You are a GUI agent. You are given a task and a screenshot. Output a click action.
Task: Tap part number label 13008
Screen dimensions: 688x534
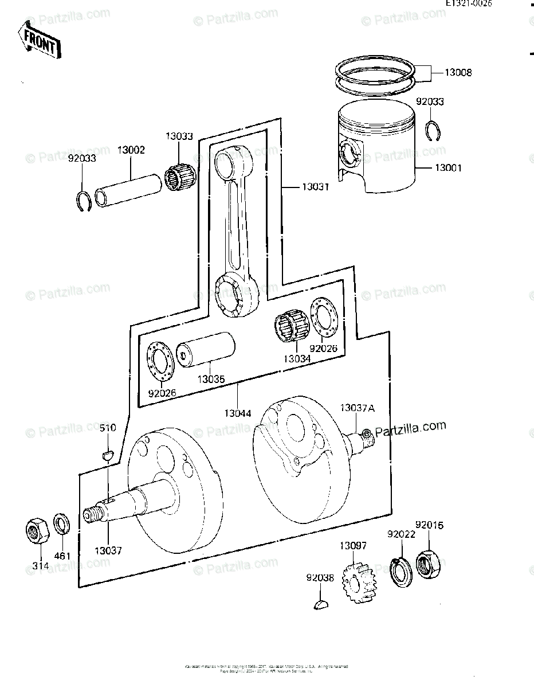[x=458, y=73]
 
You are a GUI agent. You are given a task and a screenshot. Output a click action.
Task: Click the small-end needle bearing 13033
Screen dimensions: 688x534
[x=181, y=172]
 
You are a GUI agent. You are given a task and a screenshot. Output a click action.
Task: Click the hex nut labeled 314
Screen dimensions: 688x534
[x=39, y=530]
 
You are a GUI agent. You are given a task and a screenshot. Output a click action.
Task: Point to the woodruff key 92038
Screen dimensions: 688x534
[x=321, y=603]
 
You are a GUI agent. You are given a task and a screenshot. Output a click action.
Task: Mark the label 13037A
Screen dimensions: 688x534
[x=357, y=408]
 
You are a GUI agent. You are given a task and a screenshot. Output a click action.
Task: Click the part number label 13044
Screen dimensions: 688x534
[x=237, y=412]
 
